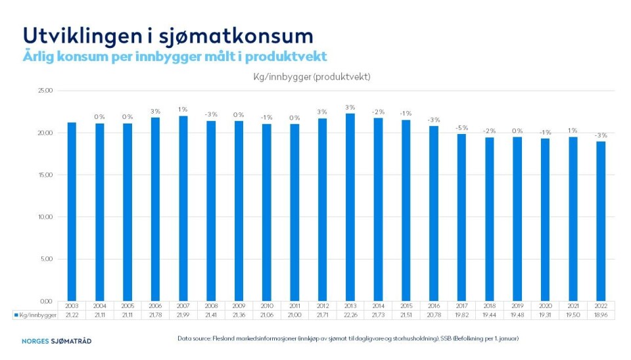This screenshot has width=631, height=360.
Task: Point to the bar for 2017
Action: click(x=461, y=217)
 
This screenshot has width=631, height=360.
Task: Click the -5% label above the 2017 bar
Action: click(x=461, y=127)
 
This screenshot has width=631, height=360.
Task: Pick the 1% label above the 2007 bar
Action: click(x=183, y=109)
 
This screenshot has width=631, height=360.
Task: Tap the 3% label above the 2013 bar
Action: click(x=350, y=107)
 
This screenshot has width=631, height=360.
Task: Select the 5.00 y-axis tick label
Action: click(x=45, y=259)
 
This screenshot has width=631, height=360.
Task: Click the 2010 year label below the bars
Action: click(x=267, y=306)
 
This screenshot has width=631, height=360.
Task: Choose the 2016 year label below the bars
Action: click(x=434, y=306)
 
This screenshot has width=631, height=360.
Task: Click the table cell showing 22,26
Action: click(x=350, y=315)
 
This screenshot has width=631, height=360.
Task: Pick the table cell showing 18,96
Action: click(x=601, y=315)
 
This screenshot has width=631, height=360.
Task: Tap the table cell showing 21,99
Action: click(x=183, y=315)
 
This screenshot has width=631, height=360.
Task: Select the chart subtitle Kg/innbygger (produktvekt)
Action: click(x=312, y=77)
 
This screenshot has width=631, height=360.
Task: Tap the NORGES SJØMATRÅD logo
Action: click(x=56, y=341)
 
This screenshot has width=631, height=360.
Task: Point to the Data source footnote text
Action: click(x=348, y=338)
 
